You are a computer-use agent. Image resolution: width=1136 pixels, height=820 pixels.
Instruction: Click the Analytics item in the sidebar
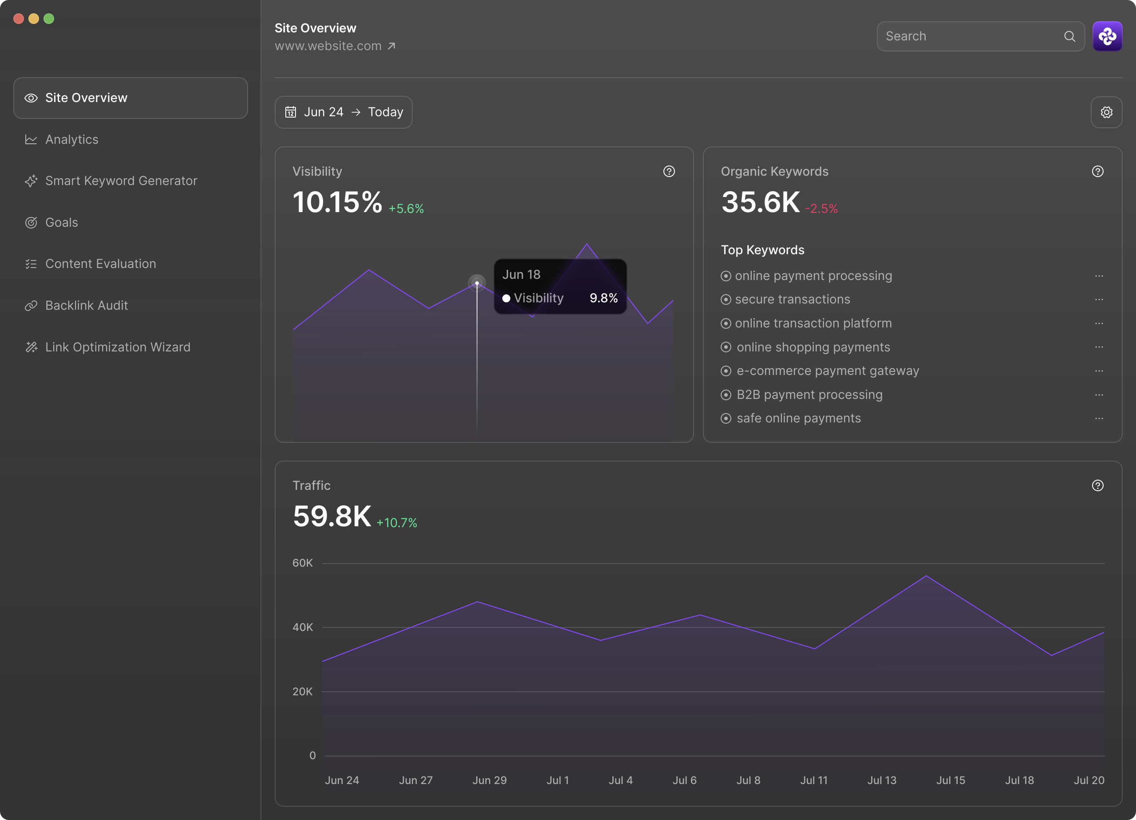tap(71, 140)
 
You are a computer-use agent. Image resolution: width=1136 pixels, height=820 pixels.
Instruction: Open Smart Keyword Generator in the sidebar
tap(121, 181)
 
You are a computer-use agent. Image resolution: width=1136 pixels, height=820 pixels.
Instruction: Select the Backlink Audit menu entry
tap(86, 306)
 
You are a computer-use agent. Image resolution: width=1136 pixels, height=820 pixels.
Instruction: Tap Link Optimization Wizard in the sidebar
tap(117, 347)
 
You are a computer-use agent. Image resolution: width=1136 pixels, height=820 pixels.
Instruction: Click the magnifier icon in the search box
tap(1069, 36)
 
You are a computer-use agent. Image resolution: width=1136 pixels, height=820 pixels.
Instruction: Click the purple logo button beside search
tap(1107, 36)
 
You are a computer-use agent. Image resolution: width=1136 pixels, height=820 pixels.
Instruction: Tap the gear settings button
tap(1106, 112)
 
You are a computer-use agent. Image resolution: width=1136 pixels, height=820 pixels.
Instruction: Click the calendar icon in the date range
tap(291, 112)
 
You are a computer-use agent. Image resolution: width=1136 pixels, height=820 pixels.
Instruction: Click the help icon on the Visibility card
tap(669, 172)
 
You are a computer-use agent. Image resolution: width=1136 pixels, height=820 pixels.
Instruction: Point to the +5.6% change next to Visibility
tap(406, 209)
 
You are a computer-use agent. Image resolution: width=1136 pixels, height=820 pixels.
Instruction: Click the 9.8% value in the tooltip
tap(603, 299)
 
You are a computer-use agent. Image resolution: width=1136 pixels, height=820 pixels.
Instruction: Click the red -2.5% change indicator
tap(821, 209)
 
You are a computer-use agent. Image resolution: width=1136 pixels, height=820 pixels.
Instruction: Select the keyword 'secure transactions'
tap(792, 300)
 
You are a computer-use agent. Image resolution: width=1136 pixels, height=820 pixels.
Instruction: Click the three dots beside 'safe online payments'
tap(1098, 419)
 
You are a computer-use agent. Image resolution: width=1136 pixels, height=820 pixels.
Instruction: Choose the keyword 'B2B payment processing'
tap(809, 395)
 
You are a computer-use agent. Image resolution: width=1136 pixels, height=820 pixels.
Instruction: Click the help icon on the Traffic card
tap(1097, 486)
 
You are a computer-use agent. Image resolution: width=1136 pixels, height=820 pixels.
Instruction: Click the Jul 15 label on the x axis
tap(950, 781)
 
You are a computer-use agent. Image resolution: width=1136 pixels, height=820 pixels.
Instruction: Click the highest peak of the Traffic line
tap(926, 576)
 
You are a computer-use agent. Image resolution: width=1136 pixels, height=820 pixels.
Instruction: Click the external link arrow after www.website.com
tap(392, 46)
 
